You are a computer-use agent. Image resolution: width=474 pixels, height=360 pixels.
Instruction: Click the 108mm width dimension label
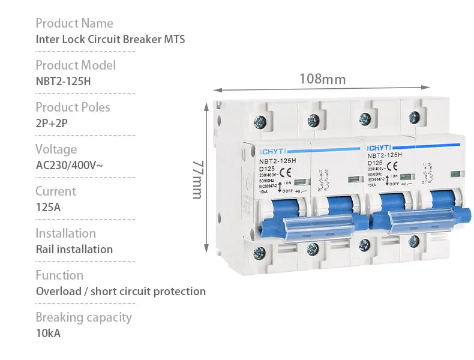click(322, 79)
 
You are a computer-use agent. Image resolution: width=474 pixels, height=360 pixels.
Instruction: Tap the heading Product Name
click(74, 23)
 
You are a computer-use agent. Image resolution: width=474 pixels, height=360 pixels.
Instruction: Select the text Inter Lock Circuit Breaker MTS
click(110, 40)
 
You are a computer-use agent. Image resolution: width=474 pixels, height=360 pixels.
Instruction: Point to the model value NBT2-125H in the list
click(63, 82)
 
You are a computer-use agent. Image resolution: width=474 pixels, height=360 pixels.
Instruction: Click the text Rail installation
click(74, 250)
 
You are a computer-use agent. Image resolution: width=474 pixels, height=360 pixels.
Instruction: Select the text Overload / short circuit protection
click(121, 292)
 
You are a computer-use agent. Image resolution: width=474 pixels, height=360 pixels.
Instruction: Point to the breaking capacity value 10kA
click(48, 334)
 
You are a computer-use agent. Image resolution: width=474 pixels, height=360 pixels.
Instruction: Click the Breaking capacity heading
click(83, 317)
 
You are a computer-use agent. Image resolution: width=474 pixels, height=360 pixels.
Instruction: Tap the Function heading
click(59, 275)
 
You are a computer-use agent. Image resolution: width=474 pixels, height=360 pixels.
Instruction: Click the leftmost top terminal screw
click(260, 122)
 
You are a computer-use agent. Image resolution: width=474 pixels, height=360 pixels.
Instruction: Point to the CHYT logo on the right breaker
click(380, 146)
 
